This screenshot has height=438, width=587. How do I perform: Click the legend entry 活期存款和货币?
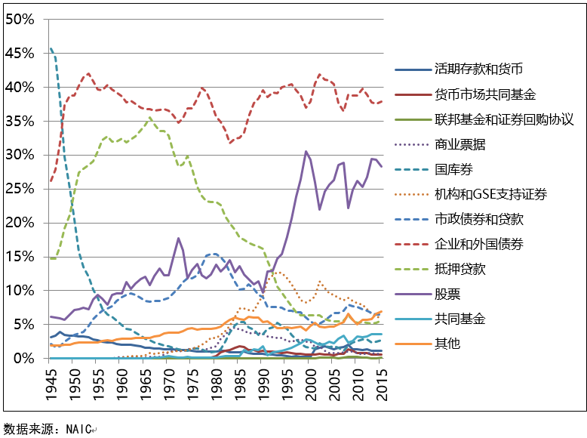coord(478,69)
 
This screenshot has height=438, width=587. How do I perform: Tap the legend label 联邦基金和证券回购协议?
coord(505,119)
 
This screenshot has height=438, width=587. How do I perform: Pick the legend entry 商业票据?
coord(459,144)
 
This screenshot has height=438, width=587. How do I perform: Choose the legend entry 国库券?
coord(453,169)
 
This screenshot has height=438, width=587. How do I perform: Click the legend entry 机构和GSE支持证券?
coord(491,194)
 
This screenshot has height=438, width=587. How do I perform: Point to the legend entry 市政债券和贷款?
coord(478,219)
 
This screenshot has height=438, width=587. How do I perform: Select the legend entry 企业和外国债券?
coord(478,244)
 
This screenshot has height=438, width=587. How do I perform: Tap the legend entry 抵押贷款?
coord(459,269)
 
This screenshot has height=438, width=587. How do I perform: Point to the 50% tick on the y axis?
coord(20,20)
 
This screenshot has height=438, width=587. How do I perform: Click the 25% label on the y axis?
coord(20,189)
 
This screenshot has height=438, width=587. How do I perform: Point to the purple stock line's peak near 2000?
coord(306,152)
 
